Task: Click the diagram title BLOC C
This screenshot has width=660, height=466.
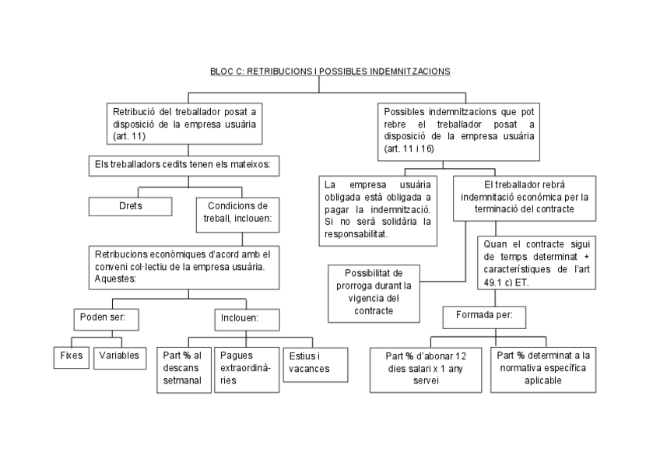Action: [x=330, y=71]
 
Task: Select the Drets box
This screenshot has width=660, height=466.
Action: [x=129, y=206]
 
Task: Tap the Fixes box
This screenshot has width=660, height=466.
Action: [x=71, y=356]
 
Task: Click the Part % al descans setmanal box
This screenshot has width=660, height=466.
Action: [x=184, y=370]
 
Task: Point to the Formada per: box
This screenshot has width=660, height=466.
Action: [x=483, y=317]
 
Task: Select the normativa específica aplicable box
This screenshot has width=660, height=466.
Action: [x=544, y=368]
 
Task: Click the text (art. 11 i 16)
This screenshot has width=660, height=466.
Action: [x=409, y=149]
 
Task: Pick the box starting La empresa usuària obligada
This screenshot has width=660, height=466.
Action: [x=378, y=209]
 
